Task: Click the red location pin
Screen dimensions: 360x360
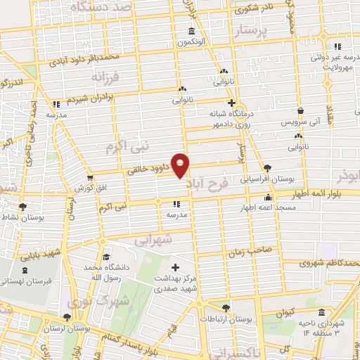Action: click(x=182, y=166)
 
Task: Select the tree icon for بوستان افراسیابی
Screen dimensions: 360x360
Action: click(x=267, y=167)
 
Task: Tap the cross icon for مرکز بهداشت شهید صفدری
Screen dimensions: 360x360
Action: click(x=176, y=267)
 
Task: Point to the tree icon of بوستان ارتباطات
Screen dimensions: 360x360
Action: click(x=225, y=307)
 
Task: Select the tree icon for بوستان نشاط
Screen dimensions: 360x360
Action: click(x=23, y=207)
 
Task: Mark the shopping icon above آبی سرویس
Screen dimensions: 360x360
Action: click(x=300, y=111)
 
